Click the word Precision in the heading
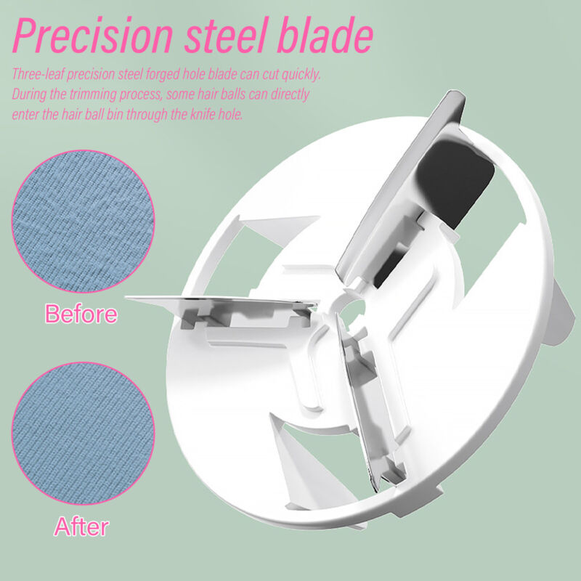click(93, 35)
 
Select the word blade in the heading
click(325, 35)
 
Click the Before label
click(81, 314)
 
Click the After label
click(81, 526)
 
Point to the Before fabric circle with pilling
click(84, 222)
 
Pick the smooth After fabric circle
click(84, 434)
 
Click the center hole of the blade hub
click(352, 311)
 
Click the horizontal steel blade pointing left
click(222, 301)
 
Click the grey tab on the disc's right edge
click(562, 313)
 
